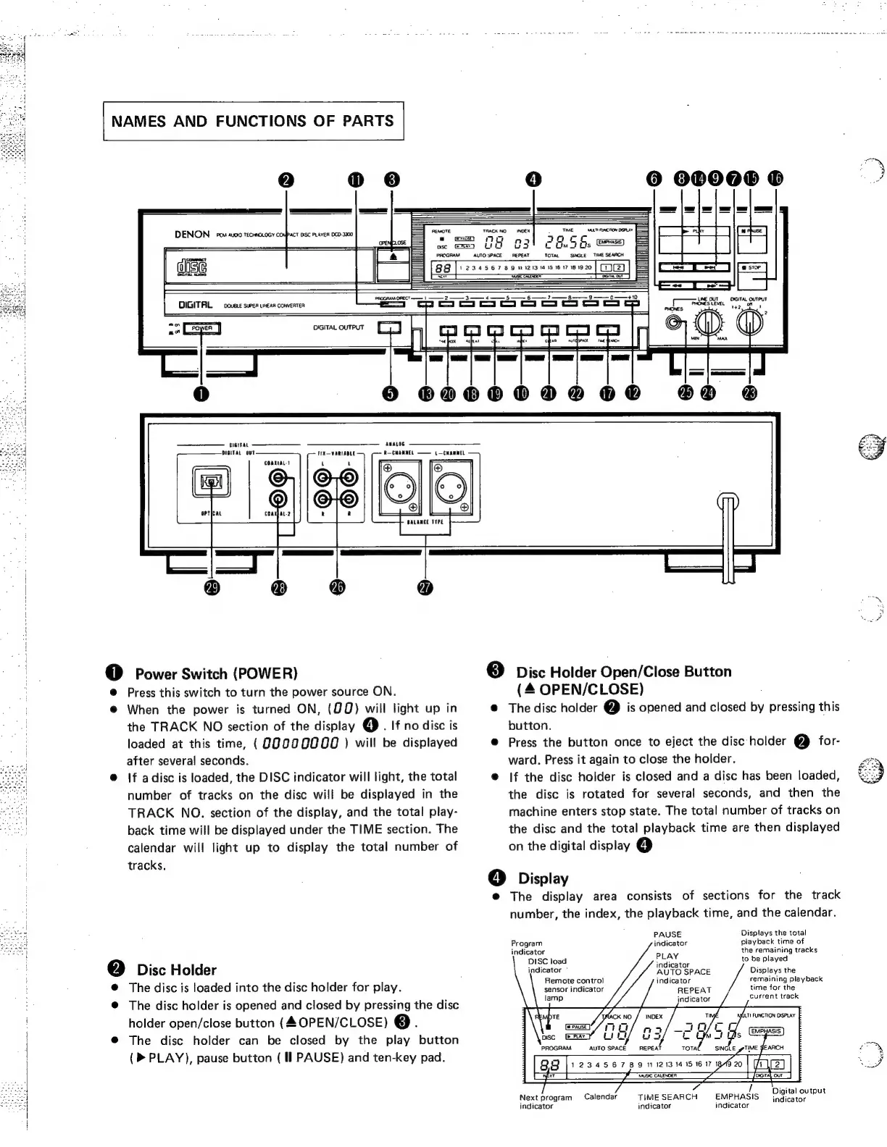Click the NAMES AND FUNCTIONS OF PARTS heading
tap(253, 121)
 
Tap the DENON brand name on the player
tap(192, 235)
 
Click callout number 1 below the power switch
tap(201, 393)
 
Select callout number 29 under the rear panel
tap(212, 588)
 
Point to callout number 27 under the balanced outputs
tap(425, 588)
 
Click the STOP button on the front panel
tap(752, 267)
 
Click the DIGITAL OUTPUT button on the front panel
tap(391, 327)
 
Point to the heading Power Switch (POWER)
tap(217, 674)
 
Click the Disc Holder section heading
tap(176, 970)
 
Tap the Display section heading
tap(544, 879)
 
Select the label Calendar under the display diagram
tap(601, 1097)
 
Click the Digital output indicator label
tap(799, 1095)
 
